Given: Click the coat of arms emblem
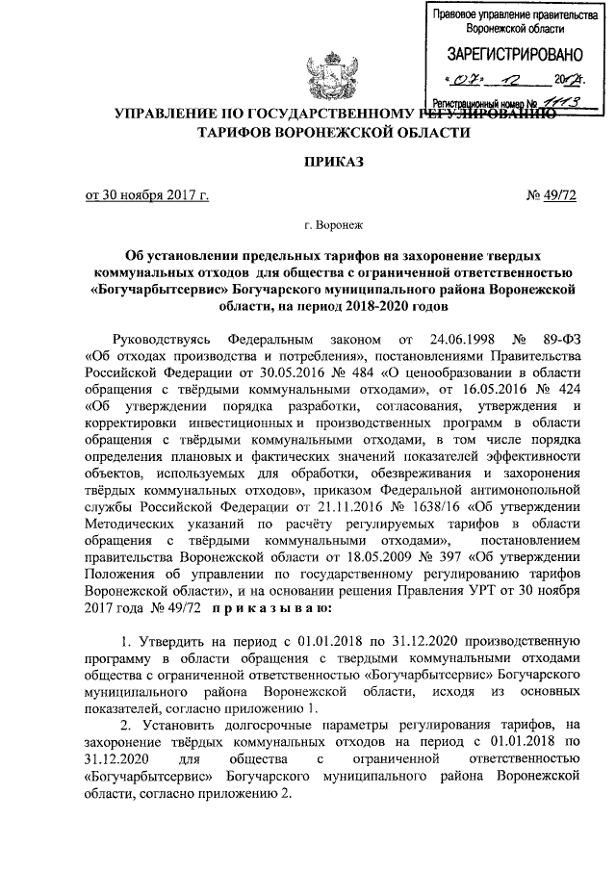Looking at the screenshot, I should pos(330,69).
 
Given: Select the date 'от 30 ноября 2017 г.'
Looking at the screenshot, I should pos(147,198).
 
